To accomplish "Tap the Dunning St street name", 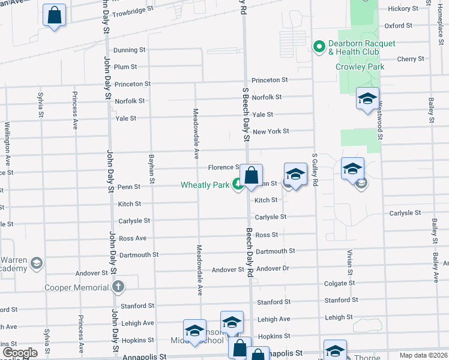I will tap(129, 50).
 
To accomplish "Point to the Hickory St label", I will tap(403, 8).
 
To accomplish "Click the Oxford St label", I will tap(398, 26).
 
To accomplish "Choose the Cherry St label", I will tap(411, 59).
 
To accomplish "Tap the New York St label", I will tap(271, 131).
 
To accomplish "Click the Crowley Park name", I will tap(360, 67).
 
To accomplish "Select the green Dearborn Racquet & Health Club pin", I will tap(319, 46).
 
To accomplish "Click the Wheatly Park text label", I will tap(205, 185).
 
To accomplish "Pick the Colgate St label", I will tap(339, 283).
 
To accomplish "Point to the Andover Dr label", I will tap(273, 268).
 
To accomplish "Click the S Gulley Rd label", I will tap(314, 170).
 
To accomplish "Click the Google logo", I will tap(20, 353).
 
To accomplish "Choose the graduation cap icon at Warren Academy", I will tap(37, 263).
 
